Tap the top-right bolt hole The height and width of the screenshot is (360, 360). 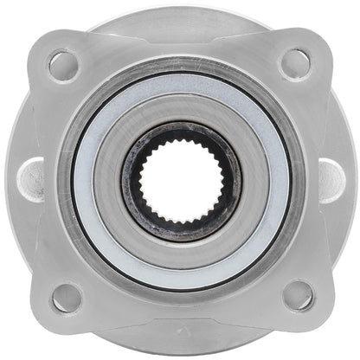[x=296, y=62]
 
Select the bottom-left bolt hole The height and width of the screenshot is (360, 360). [x=66, y=297]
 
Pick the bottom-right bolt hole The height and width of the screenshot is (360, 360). [x=298, y=295]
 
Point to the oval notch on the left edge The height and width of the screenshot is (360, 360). [x=32, y=180]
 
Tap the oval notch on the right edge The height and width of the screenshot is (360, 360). [x=331, y=180]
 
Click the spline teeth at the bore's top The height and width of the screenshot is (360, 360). [x=180, y=138]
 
